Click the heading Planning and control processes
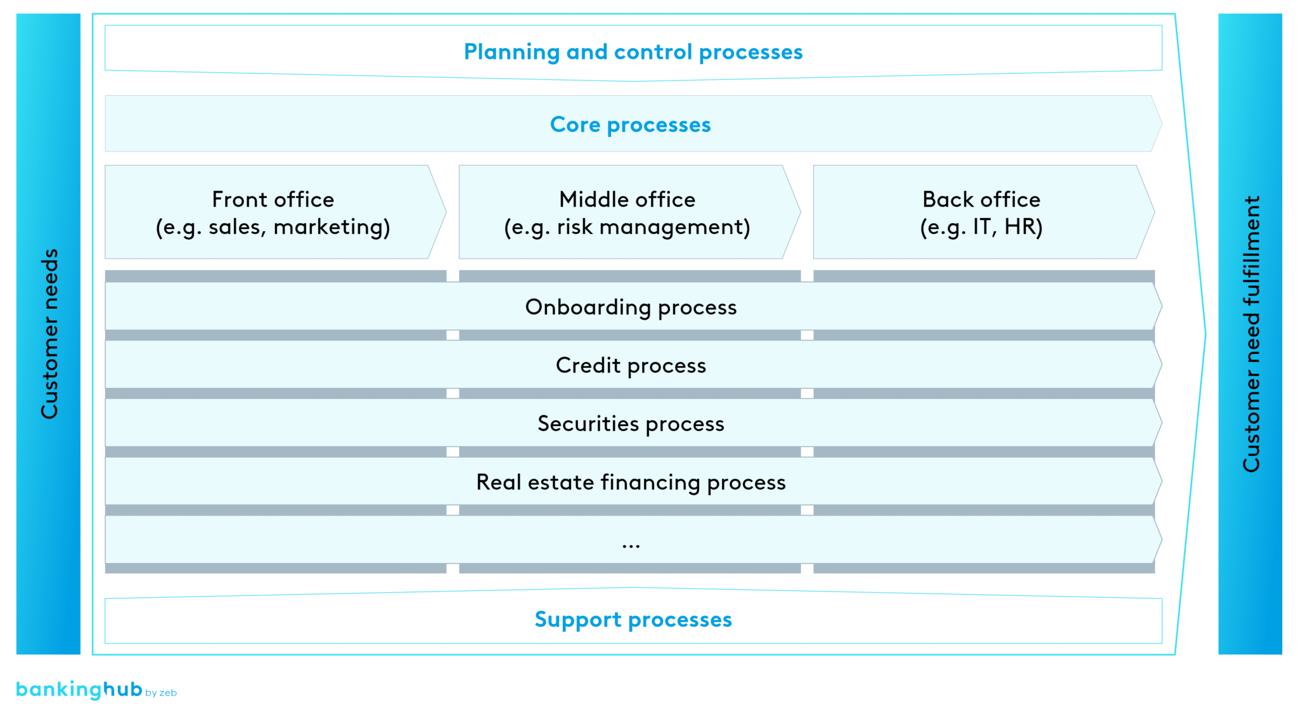pyautogui.click(x=633, y=52)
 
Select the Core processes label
pyautogui.click(x=630, y=125)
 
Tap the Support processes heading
pyautogui.click(x=633, y=619)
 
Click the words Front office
pyautogui.click(x=273, y=200)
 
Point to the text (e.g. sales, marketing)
pyautogui.click(x=273, y=227)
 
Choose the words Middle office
pyautogui.click(x=627, y=200)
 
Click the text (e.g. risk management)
pyautogui.click(x=627, y=227)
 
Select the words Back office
pyautogui.click(x=981, y=200)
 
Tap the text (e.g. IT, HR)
pyautogui.click(x=981, y=227)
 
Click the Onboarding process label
pyautogui.click(x=631, y=308)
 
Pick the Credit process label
pyautogui.click(x=631, y=366)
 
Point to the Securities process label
pyautogui.click(x=631, y=424)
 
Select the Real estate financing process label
pyautogui.click(x=631, y=483)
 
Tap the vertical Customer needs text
pyautogui.click(x=49, y=334)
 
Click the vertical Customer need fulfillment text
pyautogui.click(x=1251, y=334)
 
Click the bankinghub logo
pyautogui.click(x=79, y=689)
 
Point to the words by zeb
pyautogui.click(x=161, y=693)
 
